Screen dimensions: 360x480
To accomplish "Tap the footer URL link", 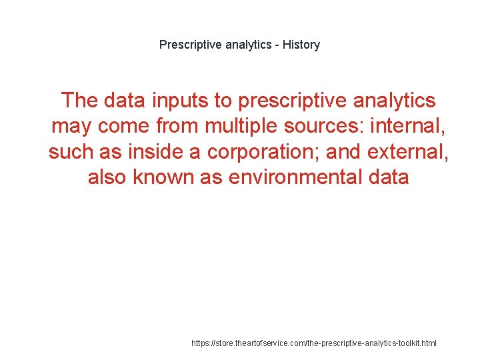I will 314,343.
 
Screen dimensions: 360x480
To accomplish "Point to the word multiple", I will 251,126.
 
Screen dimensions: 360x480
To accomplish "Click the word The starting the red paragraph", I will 79,101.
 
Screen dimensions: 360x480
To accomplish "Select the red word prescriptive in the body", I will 291,101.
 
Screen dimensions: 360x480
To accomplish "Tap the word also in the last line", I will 108,178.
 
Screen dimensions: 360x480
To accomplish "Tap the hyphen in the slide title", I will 276,45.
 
